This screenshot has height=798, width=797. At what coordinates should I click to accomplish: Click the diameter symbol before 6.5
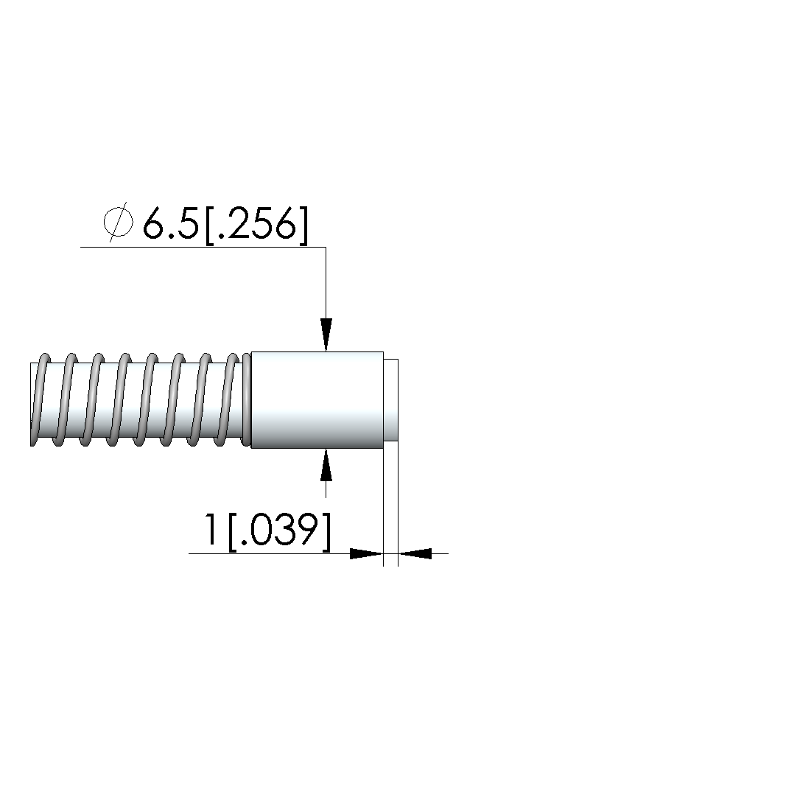pos(118,223)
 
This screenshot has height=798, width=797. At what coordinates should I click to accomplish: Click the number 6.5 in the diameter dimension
pos(170,224)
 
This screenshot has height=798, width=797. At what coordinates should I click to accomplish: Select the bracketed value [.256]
pos(257,225)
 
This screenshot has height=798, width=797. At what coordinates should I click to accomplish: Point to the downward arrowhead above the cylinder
pos(326,335)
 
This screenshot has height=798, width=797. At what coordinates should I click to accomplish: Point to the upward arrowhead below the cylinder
pos(326,465)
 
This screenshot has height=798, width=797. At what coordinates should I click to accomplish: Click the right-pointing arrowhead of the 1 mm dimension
pos(367,553)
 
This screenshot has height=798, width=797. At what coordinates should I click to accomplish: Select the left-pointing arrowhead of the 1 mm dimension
pos(415,553)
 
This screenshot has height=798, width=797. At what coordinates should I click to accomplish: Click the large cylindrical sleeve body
pos(317,400)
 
